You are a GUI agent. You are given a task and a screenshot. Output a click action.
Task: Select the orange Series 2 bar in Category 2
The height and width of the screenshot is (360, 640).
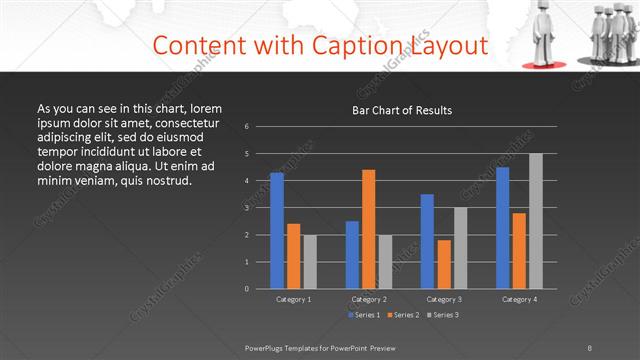tap(369, 229)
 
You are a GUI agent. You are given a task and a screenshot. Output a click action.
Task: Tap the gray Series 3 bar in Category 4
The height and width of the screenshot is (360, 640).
tap(536, 221)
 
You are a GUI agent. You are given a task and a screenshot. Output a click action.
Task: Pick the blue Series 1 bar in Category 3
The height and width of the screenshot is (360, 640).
tap(427, 241)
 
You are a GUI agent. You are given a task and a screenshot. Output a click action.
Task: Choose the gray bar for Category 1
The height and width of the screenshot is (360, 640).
tap(310, 261)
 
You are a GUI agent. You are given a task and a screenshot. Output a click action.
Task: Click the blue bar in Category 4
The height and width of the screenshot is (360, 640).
tap(502, 227)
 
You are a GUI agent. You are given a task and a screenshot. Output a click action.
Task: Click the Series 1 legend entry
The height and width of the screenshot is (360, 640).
tap(363, 315)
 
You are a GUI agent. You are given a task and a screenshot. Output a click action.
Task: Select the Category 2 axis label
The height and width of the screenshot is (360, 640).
tap(369, 299)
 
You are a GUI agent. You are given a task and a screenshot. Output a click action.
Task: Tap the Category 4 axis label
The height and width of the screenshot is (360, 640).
tap(519, 299)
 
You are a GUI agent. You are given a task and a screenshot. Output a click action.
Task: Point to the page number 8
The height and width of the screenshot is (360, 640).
tap(590, 347)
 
